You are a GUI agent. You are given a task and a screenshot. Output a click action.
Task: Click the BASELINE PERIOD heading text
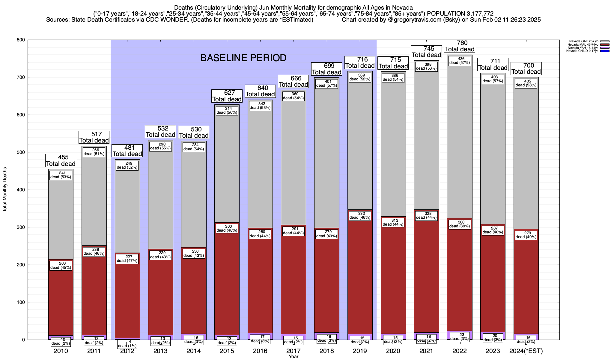coord(243,58)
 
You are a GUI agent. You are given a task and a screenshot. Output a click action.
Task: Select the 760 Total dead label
coord(460,46)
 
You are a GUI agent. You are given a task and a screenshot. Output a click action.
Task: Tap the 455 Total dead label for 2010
coord(61,160)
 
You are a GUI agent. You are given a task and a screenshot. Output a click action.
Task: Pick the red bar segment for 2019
coord(360,270)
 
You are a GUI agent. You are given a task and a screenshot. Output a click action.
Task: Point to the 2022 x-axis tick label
coord(460,351)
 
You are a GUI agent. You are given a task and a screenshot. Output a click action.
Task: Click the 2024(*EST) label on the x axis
coord(526,351)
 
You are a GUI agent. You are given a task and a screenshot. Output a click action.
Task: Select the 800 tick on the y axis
coord(21,40)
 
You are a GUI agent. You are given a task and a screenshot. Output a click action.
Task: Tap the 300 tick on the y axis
coord(21,227)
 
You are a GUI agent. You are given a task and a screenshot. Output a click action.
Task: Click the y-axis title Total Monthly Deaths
coord(5,190)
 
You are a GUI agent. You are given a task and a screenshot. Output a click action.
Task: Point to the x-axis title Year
coord(294,357)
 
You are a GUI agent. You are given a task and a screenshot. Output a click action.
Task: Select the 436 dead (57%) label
coord(460,61)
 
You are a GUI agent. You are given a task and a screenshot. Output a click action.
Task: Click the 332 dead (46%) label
coord(360,215)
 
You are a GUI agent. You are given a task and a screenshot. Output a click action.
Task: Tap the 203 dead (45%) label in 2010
coord(61,265)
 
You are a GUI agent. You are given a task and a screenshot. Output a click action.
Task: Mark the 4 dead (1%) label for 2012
coord(127,343)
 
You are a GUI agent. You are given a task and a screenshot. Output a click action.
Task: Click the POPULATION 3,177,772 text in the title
coord(460,14)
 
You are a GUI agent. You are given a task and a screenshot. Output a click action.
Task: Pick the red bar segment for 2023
coord(493,285)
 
